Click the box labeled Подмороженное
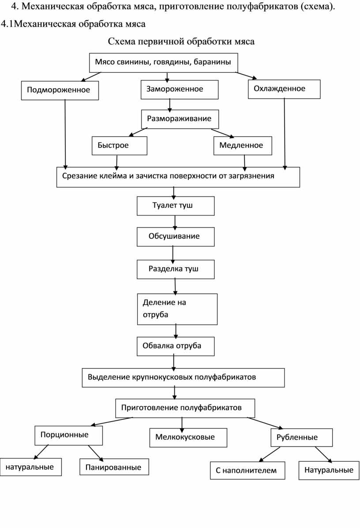pyautogui.click(x=60, y=90)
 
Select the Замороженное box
pyautogui.click(x=179, y=90)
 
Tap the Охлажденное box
pyautogui.click(x=284, y=89)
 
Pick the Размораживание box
pyautogui.click(x=180, y=119)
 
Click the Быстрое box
pyautogui.click(x=120, y=146)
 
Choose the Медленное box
pyautogui.click(x=243, y=146)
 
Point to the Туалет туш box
pyautogui.click(x=176, y=206)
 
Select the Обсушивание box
pyautogui.click(x=176, y=237)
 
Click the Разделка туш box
pyautogui.click(x=176, y=269)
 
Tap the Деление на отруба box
pyautogui.click(x=177, y=309)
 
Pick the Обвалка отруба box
pyautogui.click(x=176, y=346)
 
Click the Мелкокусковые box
pyautogui.click(x=188, y=438)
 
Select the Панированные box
pyautogui.click(x=114, y=467)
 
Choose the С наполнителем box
pyautogui.click(x=247, y=471)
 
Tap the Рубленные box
pyautogui.click(x=301, y=438)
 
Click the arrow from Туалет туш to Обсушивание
pyautogui.click(x=175, y=222)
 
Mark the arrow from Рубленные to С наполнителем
pyautogui.click(x=270, y=454)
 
